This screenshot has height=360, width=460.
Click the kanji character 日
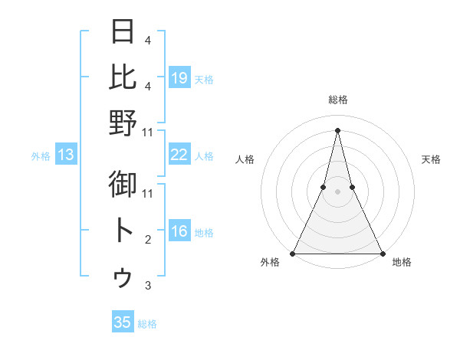[123, 31]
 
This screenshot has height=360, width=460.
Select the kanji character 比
[123, 77]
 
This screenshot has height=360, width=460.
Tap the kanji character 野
[123, 123]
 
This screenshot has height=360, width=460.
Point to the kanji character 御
[123, 185]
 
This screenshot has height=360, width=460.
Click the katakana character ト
[123, 231]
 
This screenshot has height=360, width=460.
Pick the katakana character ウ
[123, 277]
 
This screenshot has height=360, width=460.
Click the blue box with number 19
[179, 77]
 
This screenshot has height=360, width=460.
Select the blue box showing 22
[179, 155]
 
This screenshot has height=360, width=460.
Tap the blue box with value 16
[179, 232]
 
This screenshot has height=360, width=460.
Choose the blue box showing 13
[66, 155]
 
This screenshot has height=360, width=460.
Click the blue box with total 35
[123, 322]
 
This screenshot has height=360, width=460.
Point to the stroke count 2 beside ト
[147, 240]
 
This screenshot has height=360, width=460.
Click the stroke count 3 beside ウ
[147, 286]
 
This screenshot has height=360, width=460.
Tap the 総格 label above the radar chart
[337, 100]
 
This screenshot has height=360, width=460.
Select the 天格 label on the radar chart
[432, 159]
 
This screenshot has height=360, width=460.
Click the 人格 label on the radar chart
[245, 159]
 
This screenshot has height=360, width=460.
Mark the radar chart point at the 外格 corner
[294, 253]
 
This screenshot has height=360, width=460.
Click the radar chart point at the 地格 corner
[382, 253]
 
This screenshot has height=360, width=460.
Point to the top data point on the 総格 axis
[337, 129]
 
